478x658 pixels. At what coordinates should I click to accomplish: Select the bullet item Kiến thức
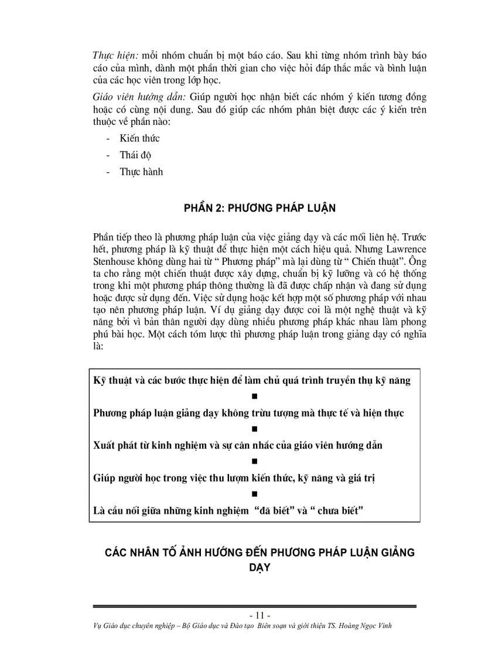139,139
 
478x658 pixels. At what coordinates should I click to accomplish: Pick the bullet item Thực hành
141,172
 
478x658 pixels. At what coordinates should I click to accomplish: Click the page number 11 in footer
260,615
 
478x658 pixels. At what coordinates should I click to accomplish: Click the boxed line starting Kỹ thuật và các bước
252,380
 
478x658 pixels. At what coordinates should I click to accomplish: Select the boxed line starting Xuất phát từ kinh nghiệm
237,445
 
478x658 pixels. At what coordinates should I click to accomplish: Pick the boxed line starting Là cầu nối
228,510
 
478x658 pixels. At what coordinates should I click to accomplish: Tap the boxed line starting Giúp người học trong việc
234,478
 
